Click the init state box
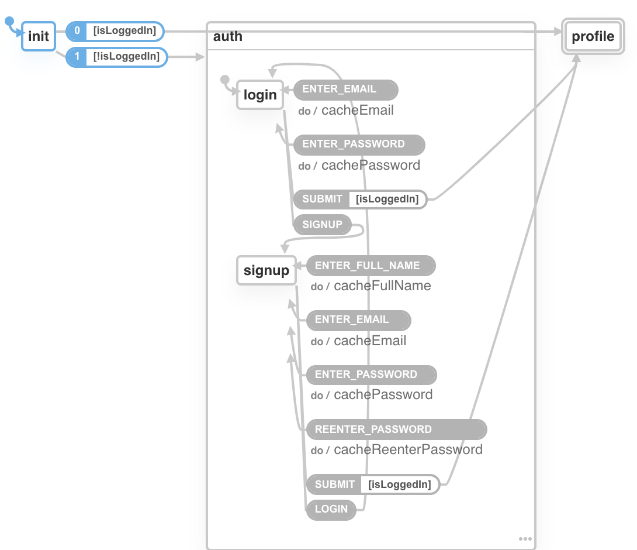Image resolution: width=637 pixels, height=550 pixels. pyautogui.click(x=39, y=36)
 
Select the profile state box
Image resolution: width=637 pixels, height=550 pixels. pyautogui.click(x=593, y=37)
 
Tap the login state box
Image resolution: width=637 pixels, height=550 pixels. pyautogui.click(x=260, y=95)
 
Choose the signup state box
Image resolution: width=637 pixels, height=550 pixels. pyautogui.click(x=266, y=270)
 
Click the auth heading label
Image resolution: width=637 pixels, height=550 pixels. pyautogui.click(x=228, y=37)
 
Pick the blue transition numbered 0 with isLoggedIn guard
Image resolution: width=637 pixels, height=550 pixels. pyautogui.click(x=115, y=30)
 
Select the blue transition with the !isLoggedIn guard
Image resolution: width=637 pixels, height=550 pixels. pyautogui.click(x=117, y=57)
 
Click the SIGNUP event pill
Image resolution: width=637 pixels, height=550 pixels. pyautogui.click(x=322, y=224)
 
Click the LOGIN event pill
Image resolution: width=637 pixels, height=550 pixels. pyautogui.click(x=331, y=509)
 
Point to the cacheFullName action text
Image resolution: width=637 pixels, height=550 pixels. pyautogui.click(x=382, y=286)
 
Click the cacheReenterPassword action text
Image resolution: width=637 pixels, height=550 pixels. pyautogui.click(x=408, y=450)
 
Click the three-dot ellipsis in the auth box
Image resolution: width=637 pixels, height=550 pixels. pyautogui.click(x=525, y=539)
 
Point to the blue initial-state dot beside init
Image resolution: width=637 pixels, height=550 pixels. pyautogui.click(x=9, y=22)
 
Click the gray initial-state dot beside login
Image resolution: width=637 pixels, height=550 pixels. pyautogui.click(x=224, y=80)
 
